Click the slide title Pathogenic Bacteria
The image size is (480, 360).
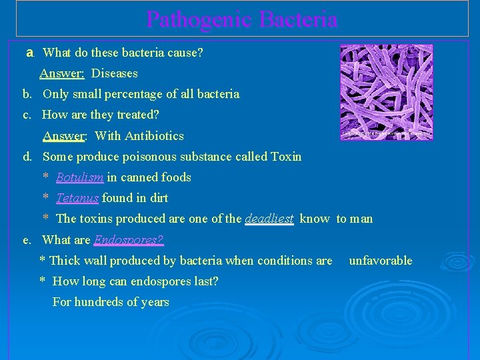tap(241, 19)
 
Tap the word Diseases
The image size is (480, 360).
tap(115, 73)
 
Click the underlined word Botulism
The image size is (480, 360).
tap(79, 177)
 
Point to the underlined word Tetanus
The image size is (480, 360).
tap(77, 198)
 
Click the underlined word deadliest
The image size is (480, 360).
tap(269, 219)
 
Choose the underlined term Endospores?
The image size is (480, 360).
tap(129, 240)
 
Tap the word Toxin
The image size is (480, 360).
tap(286, 157)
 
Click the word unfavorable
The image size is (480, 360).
tap(380, 261)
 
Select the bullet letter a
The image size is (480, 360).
tap(29, 52)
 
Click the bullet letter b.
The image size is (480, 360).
tap(27, 94)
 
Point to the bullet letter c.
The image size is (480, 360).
tap(27, 115)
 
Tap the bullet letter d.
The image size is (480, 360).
tap(27, 157)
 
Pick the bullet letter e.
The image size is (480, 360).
tap(27, 240)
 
